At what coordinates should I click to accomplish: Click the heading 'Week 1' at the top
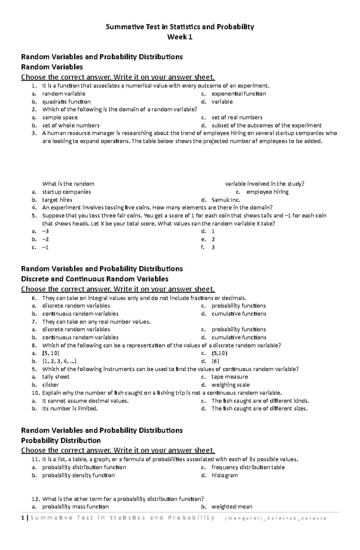(180, 37)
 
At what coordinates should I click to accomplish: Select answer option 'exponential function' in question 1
(238, 94)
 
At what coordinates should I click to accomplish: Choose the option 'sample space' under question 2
(60, 117)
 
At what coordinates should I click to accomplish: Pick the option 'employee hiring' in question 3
(267, 192)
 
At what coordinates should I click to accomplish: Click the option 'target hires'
(57, 200)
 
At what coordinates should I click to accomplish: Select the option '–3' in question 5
(45, 231)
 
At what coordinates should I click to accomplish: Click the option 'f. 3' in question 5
(213, 247)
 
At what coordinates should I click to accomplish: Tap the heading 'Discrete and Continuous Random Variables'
(94, 279)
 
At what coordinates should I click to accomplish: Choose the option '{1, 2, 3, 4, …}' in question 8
(61, 361)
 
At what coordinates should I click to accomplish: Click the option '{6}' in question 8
(215, 361)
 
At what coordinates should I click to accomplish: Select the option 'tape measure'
(229, 377)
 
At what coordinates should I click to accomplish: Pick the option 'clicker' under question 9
(50, 385)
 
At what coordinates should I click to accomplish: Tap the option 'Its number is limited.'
(70, 409)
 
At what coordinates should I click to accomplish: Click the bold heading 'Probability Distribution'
(61, 441)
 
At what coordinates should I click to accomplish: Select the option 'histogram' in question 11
(224, 475)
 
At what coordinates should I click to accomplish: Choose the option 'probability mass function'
(75, 507)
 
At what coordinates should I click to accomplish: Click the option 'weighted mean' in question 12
(232, 507)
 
